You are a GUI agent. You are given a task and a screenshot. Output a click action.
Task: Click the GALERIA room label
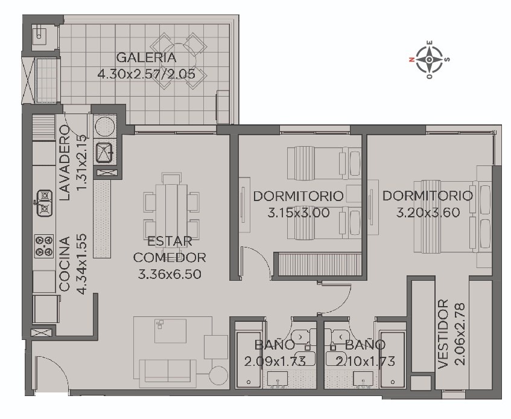[146, 58]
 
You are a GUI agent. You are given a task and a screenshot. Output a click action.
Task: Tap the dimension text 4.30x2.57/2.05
[147, 74]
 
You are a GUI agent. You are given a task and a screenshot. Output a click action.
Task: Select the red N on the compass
[411, 59]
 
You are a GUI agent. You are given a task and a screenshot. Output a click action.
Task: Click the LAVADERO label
[64, 162]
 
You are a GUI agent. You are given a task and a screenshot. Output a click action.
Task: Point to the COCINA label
[65, 264]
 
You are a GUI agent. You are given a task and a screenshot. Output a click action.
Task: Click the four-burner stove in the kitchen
[43, 246]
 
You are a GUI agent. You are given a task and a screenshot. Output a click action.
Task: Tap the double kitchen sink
[44, 203]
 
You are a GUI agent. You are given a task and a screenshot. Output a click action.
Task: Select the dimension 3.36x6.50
[170, 274]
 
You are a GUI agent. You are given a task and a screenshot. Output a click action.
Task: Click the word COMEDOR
[170, 257]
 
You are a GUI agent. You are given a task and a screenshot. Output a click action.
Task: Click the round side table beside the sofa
[218, 375]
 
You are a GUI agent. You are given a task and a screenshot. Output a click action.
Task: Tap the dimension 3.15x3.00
[298, 213]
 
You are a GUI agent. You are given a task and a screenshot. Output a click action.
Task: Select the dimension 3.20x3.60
[428, 213]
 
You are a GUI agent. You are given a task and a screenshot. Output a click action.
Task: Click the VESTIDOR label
[443, 334]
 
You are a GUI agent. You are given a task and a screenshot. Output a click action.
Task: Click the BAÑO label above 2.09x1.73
[275, 345]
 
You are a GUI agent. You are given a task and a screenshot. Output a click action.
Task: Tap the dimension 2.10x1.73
[366, 361]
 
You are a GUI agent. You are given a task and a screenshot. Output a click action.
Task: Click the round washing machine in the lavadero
[104, 126]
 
